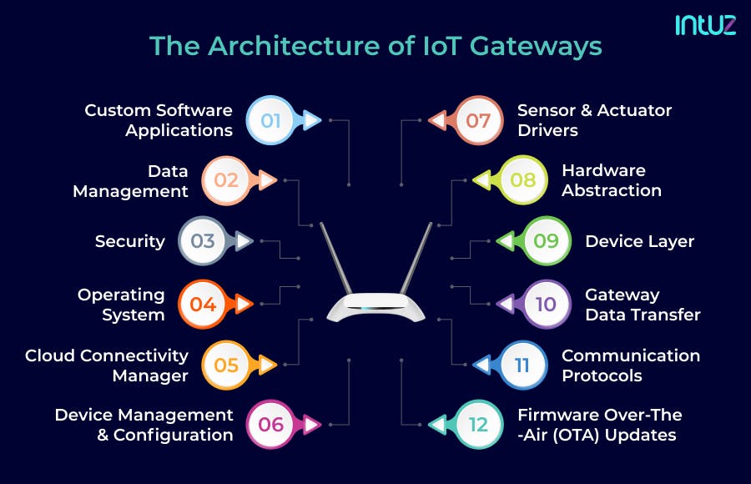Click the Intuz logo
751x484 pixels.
[x=705, y=25]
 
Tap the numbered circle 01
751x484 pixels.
[x=271, y=121]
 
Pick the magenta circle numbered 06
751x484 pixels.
[x=271, y=425]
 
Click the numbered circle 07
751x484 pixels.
[x=478, y=121]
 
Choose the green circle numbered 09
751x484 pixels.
[x=546, y=241]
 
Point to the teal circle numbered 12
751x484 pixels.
[x=478, y=425]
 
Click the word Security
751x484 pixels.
[x=130, y=241]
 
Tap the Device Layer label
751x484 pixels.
[x=639, y=241]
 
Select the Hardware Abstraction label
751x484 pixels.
[x=611, y=180]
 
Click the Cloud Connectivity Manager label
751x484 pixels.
[x=107, y=366]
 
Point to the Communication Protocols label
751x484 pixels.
[x=630, y=366]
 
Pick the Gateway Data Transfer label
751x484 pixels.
[x=642, y=305]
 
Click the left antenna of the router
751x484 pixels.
[x=337, y=259]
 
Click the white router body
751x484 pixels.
[x=375, y=309]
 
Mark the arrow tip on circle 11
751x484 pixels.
[x=480, y=365]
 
